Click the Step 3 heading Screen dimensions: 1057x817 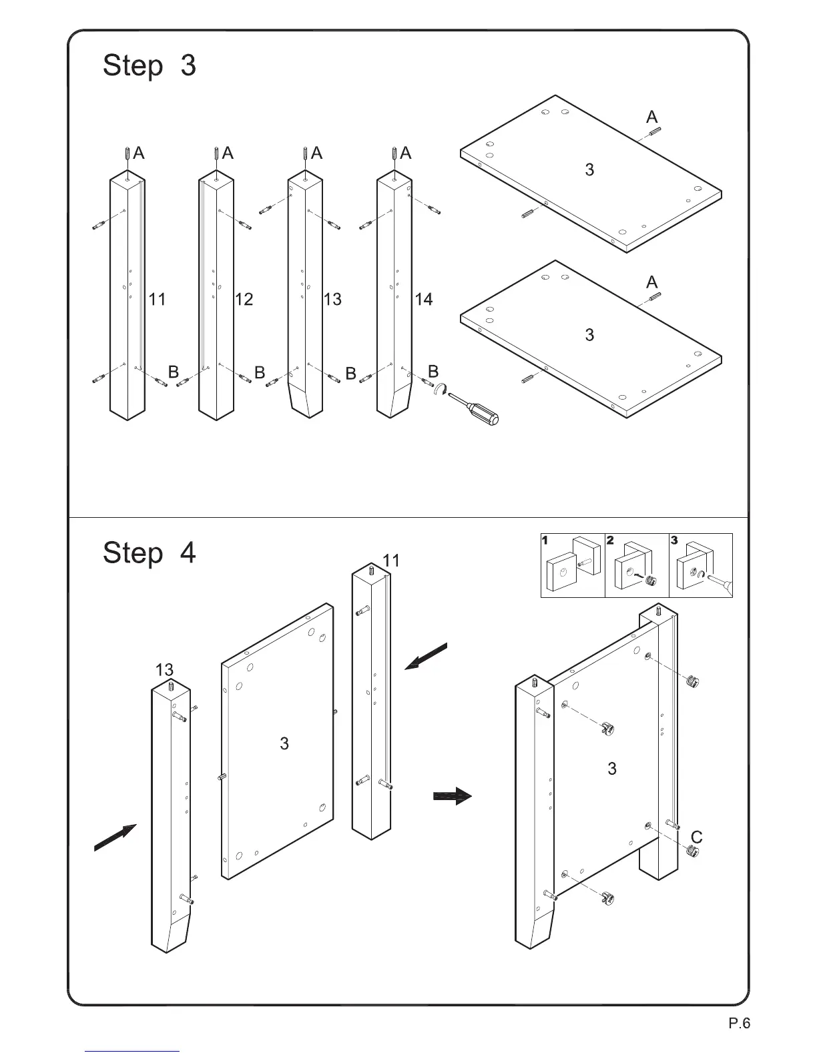[150, 66]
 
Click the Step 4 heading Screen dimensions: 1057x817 [150, 553]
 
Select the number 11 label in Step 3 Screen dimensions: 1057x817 [157, 300]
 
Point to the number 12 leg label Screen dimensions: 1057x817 [244, 300]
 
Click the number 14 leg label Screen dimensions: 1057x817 [424, 300]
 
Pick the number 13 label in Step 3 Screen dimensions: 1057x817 [332, 300]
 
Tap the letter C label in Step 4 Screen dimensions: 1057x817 [696, 837]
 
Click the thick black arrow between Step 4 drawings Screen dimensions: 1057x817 [453, 796]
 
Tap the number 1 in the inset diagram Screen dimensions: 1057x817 [545, 541]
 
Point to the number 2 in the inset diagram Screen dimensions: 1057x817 [610, 541]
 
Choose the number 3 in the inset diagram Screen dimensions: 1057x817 [674, 541]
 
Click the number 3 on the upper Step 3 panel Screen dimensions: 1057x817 [589, 170]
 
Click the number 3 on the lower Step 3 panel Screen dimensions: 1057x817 [589, 335]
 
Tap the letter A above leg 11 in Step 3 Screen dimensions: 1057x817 [139, 153]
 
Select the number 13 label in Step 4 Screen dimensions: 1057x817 [164, 669]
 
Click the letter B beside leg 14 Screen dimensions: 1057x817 [433, 371]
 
